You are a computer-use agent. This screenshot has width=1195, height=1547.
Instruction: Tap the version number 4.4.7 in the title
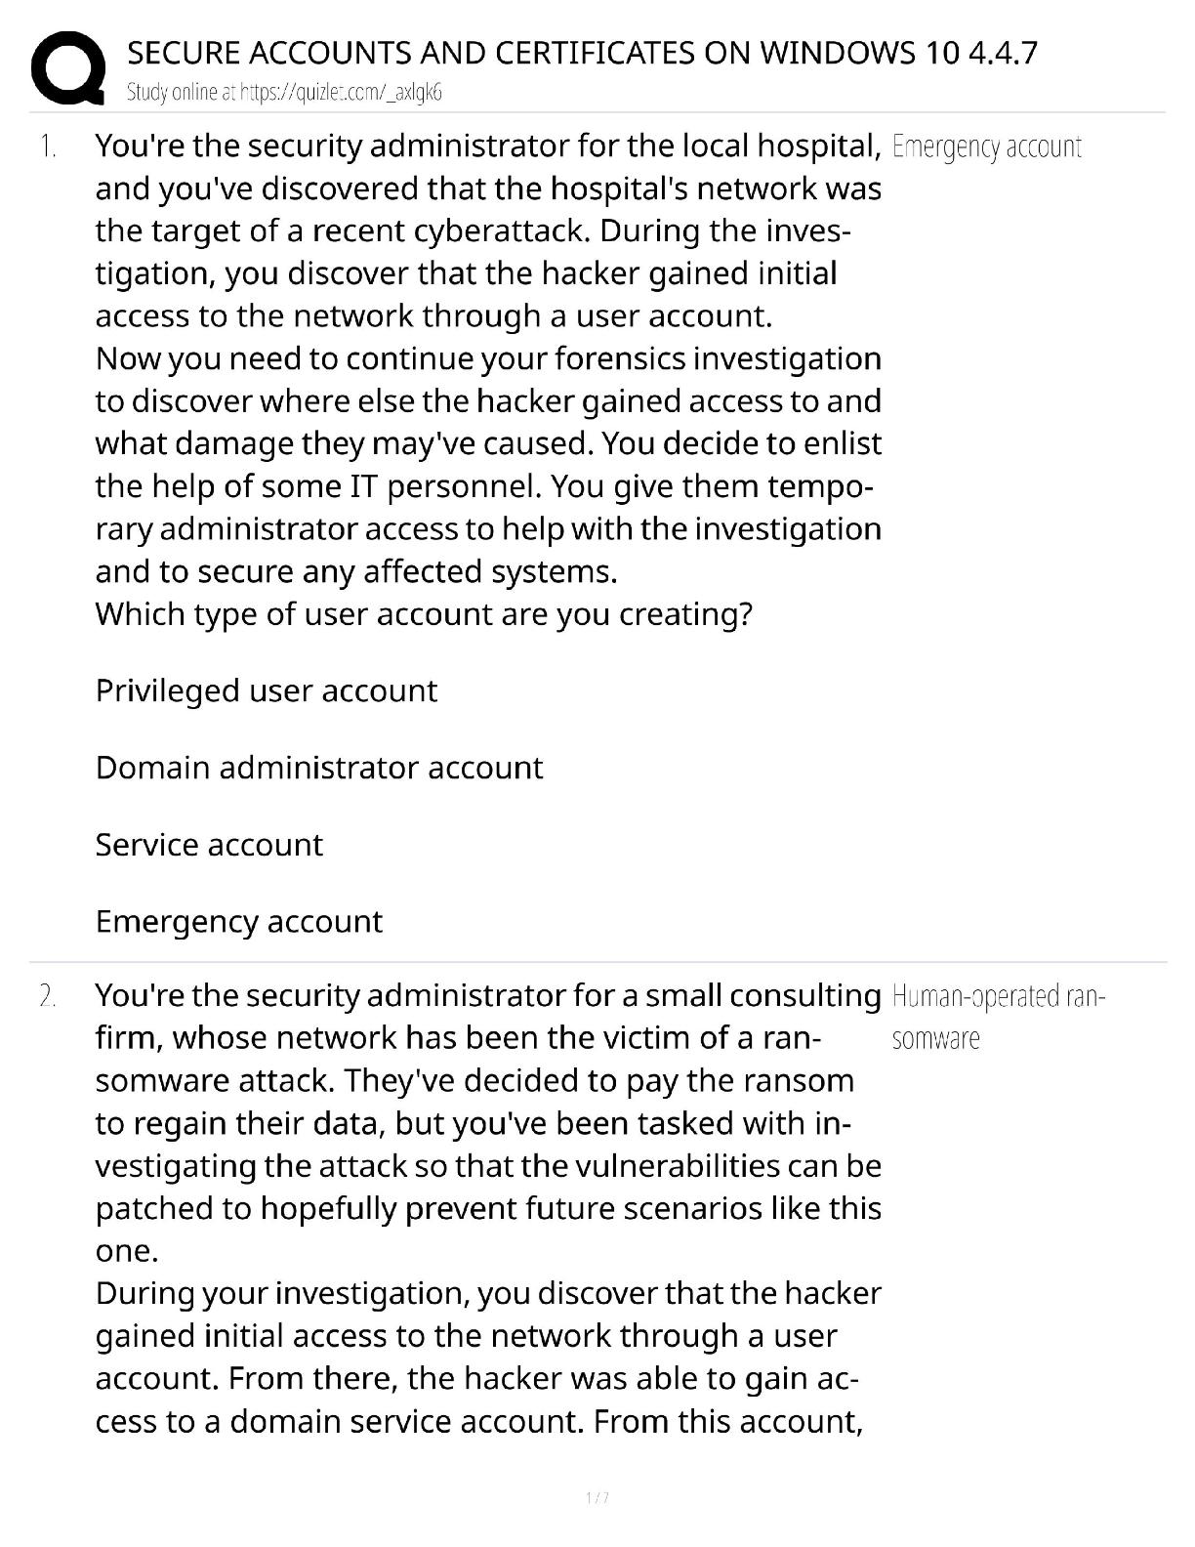click(1003, 52)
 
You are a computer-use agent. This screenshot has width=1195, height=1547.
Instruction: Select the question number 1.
click(48, 146)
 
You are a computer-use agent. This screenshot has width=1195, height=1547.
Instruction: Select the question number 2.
click(48, 996)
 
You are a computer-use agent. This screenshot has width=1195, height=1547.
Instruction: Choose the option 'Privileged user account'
click(266, 690)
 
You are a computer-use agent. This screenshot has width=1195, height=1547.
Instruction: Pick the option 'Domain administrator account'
click(318, 768)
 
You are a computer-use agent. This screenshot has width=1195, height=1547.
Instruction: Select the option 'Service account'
click(208, 845)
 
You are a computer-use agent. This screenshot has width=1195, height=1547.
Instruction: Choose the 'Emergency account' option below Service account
click(238, 921)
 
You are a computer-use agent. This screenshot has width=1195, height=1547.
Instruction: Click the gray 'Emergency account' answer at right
click(986, 147)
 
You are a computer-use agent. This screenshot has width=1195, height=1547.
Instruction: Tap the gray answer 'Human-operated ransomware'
click(997, 1016)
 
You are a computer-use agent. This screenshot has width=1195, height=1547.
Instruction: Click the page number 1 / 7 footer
click(597, 1497)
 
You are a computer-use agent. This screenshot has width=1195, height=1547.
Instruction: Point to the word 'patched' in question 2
click(154, 1209)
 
